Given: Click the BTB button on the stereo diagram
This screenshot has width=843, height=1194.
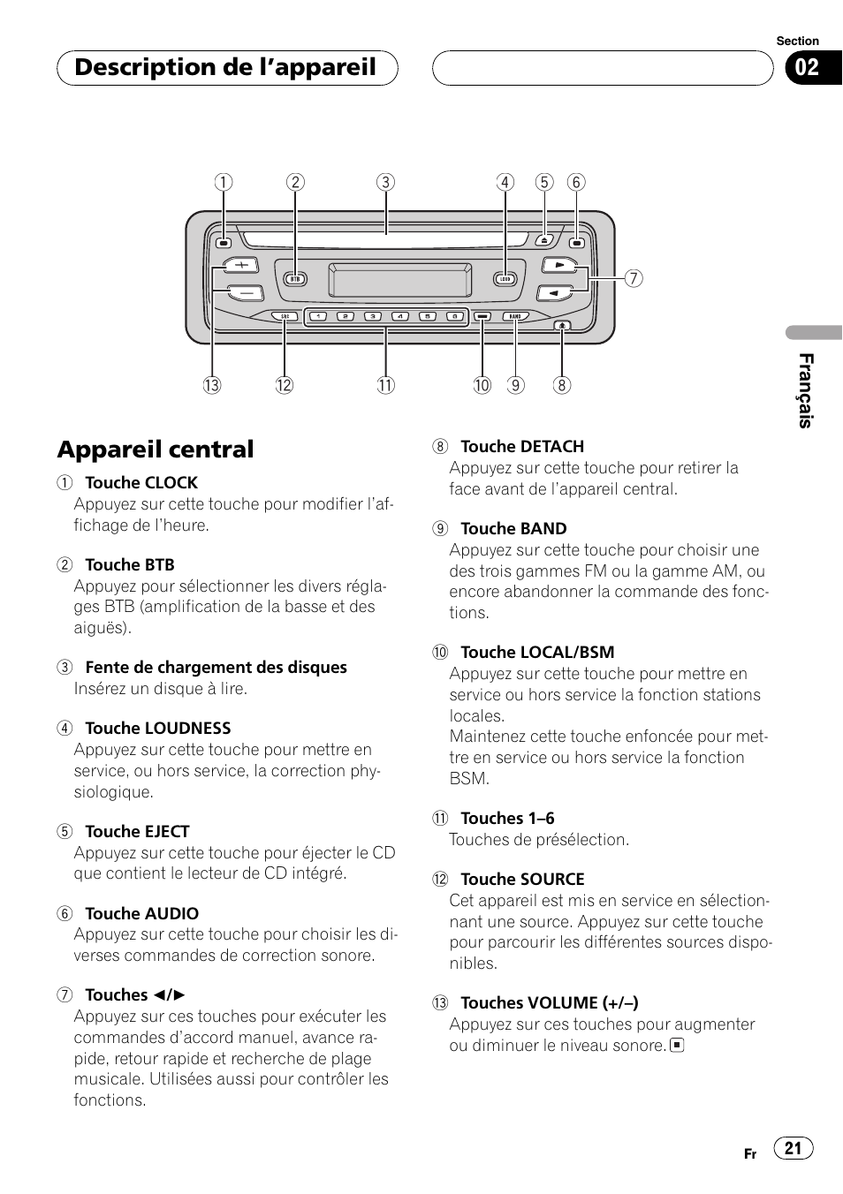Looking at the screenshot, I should [295, 279].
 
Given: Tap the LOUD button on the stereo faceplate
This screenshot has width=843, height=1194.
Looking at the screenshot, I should [505, 279].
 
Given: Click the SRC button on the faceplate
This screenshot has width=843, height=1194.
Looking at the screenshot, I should [285, 316].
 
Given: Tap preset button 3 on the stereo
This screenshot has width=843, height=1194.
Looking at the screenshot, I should [373, 316].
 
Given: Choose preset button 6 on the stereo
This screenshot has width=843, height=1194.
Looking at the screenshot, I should [454, 316].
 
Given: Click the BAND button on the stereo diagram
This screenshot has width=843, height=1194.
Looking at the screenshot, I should [516, 316].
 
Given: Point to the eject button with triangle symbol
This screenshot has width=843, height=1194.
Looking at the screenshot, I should [544, 240].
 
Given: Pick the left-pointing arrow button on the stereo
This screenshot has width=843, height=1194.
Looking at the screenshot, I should [554, 293].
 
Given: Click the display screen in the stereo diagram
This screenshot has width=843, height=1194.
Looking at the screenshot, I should [400, 280].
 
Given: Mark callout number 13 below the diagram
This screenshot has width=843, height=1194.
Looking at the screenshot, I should [212, 385].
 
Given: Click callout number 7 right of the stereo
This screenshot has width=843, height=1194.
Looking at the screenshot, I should [634, 278].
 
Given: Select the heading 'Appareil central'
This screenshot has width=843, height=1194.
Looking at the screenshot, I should [156, 450].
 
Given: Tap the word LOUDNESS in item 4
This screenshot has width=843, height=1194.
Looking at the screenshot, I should [183, 729].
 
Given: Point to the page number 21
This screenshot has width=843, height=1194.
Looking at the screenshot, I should [793, 1148].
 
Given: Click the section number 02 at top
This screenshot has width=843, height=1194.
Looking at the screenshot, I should [807, 68].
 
